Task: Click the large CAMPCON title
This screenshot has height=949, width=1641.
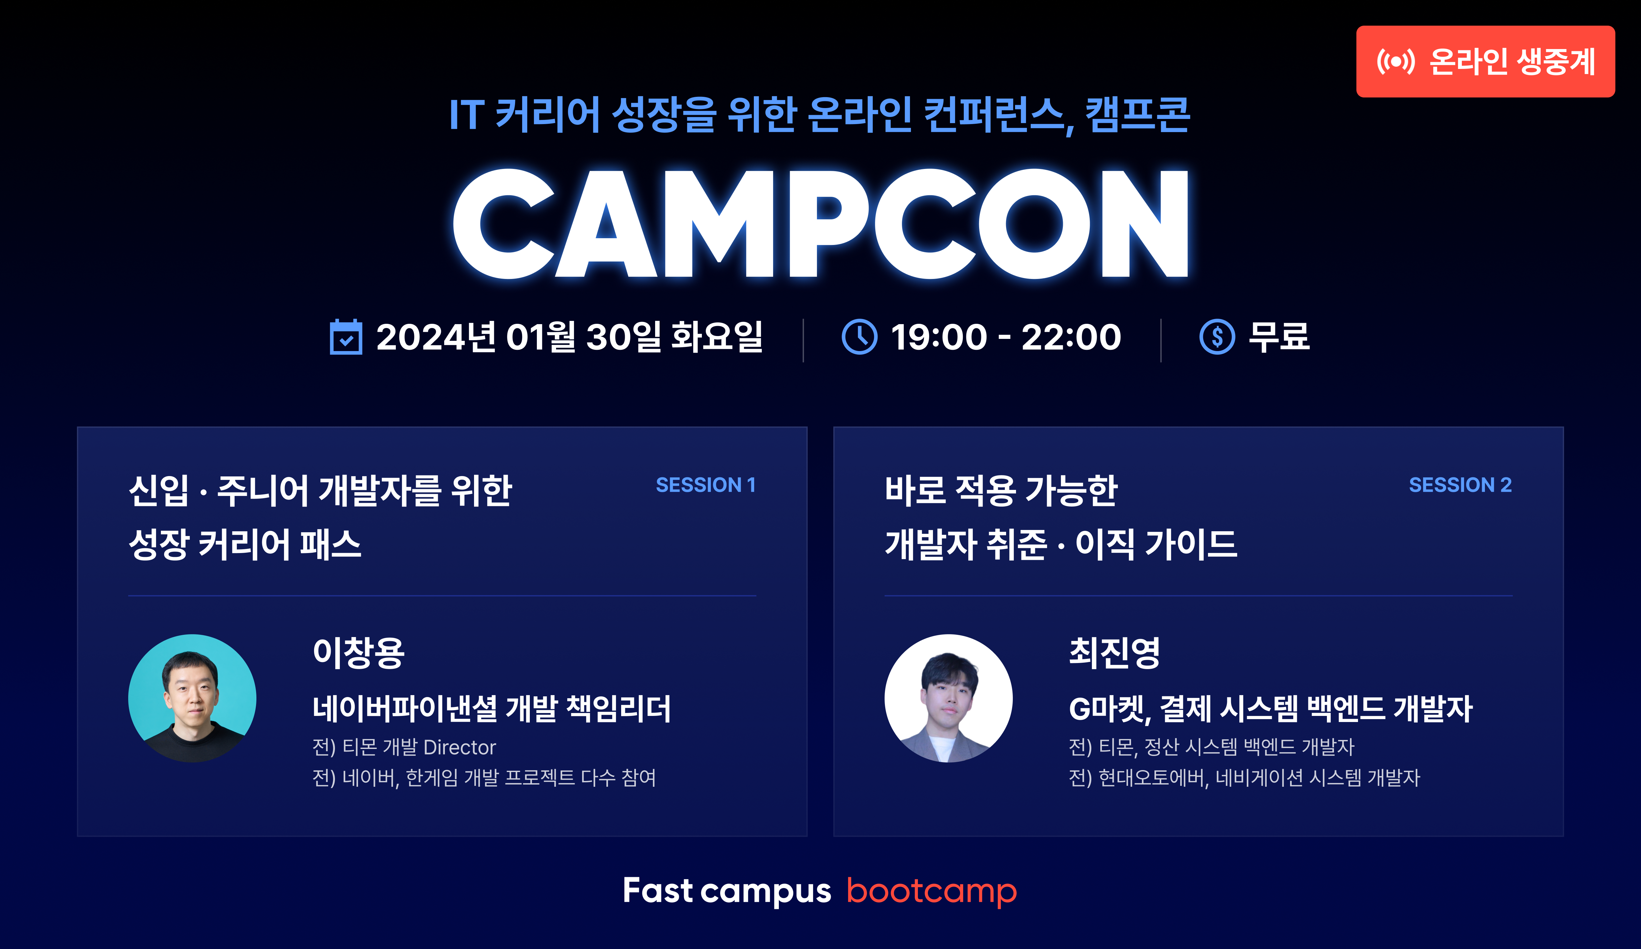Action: click(820, 223)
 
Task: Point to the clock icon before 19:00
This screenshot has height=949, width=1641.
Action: click(860, 337)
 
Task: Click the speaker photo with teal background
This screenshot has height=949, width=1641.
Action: click(192, 698)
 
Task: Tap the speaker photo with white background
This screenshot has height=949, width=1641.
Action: click(948, 698)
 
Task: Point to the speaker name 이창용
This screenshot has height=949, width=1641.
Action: click(359, 653)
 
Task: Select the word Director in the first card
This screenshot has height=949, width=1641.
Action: click(460, 747)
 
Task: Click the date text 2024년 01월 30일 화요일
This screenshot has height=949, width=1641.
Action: click(569, 337)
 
